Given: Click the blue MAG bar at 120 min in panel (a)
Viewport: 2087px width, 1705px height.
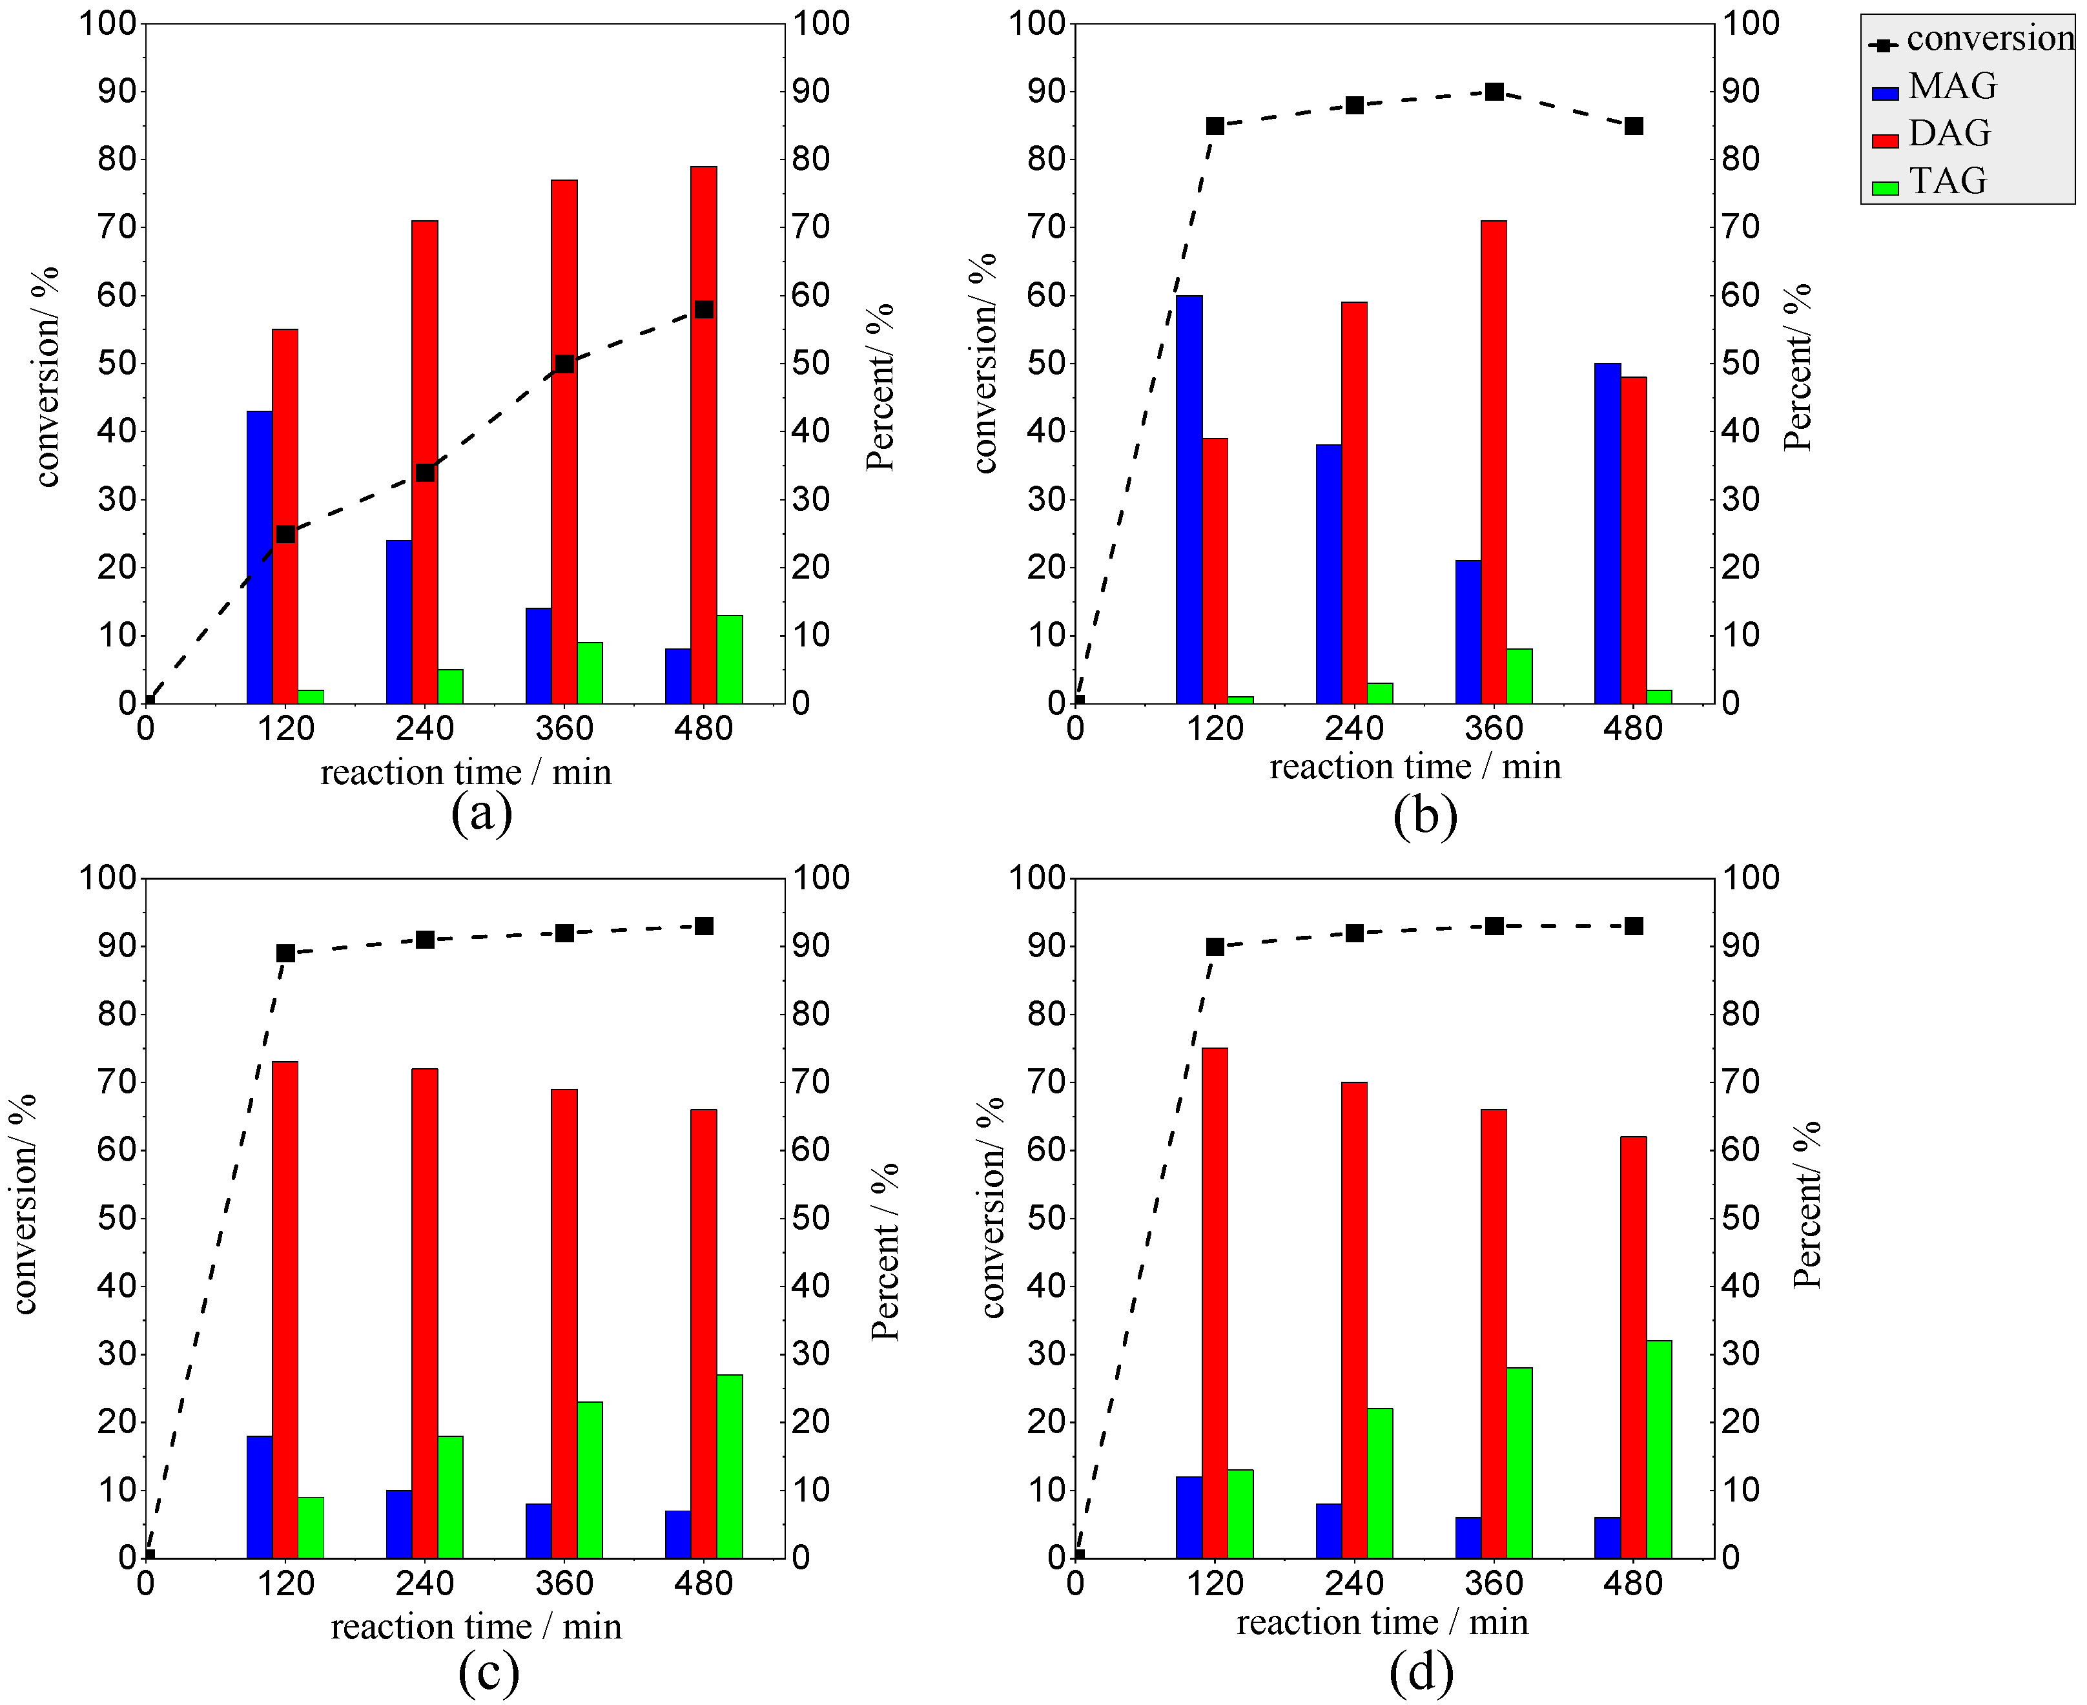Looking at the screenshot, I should [260, 557].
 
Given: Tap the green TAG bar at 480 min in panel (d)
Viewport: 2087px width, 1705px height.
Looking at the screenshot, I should [1659, 1450].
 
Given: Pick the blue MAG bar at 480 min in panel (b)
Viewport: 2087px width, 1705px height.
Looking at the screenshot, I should [1608, 533].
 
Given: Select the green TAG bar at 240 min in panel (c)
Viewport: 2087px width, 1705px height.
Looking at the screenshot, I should [450, 1497].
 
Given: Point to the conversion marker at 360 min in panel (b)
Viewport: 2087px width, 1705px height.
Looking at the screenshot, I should [1494, 91].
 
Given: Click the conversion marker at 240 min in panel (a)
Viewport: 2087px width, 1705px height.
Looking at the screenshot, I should [426, 472].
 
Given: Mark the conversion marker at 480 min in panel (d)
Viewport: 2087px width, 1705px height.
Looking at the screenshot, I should [1633, 926].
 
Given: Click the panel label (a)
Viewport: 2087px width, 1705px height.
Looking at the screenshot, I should [481, 813].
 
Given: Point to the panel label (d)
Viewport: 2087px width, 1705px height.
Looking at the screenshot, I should [1421, 1673].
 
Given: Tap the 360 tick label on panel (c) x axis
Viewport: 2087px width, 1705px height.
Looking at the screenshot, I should [565, 1583].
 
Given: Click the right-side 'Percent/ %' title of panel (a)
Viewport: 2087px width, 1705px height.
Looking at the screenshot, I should [880, 388].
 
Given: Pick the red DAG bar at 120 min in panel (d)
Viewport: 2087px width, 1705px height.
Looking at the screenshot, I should [1215, 1303].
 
